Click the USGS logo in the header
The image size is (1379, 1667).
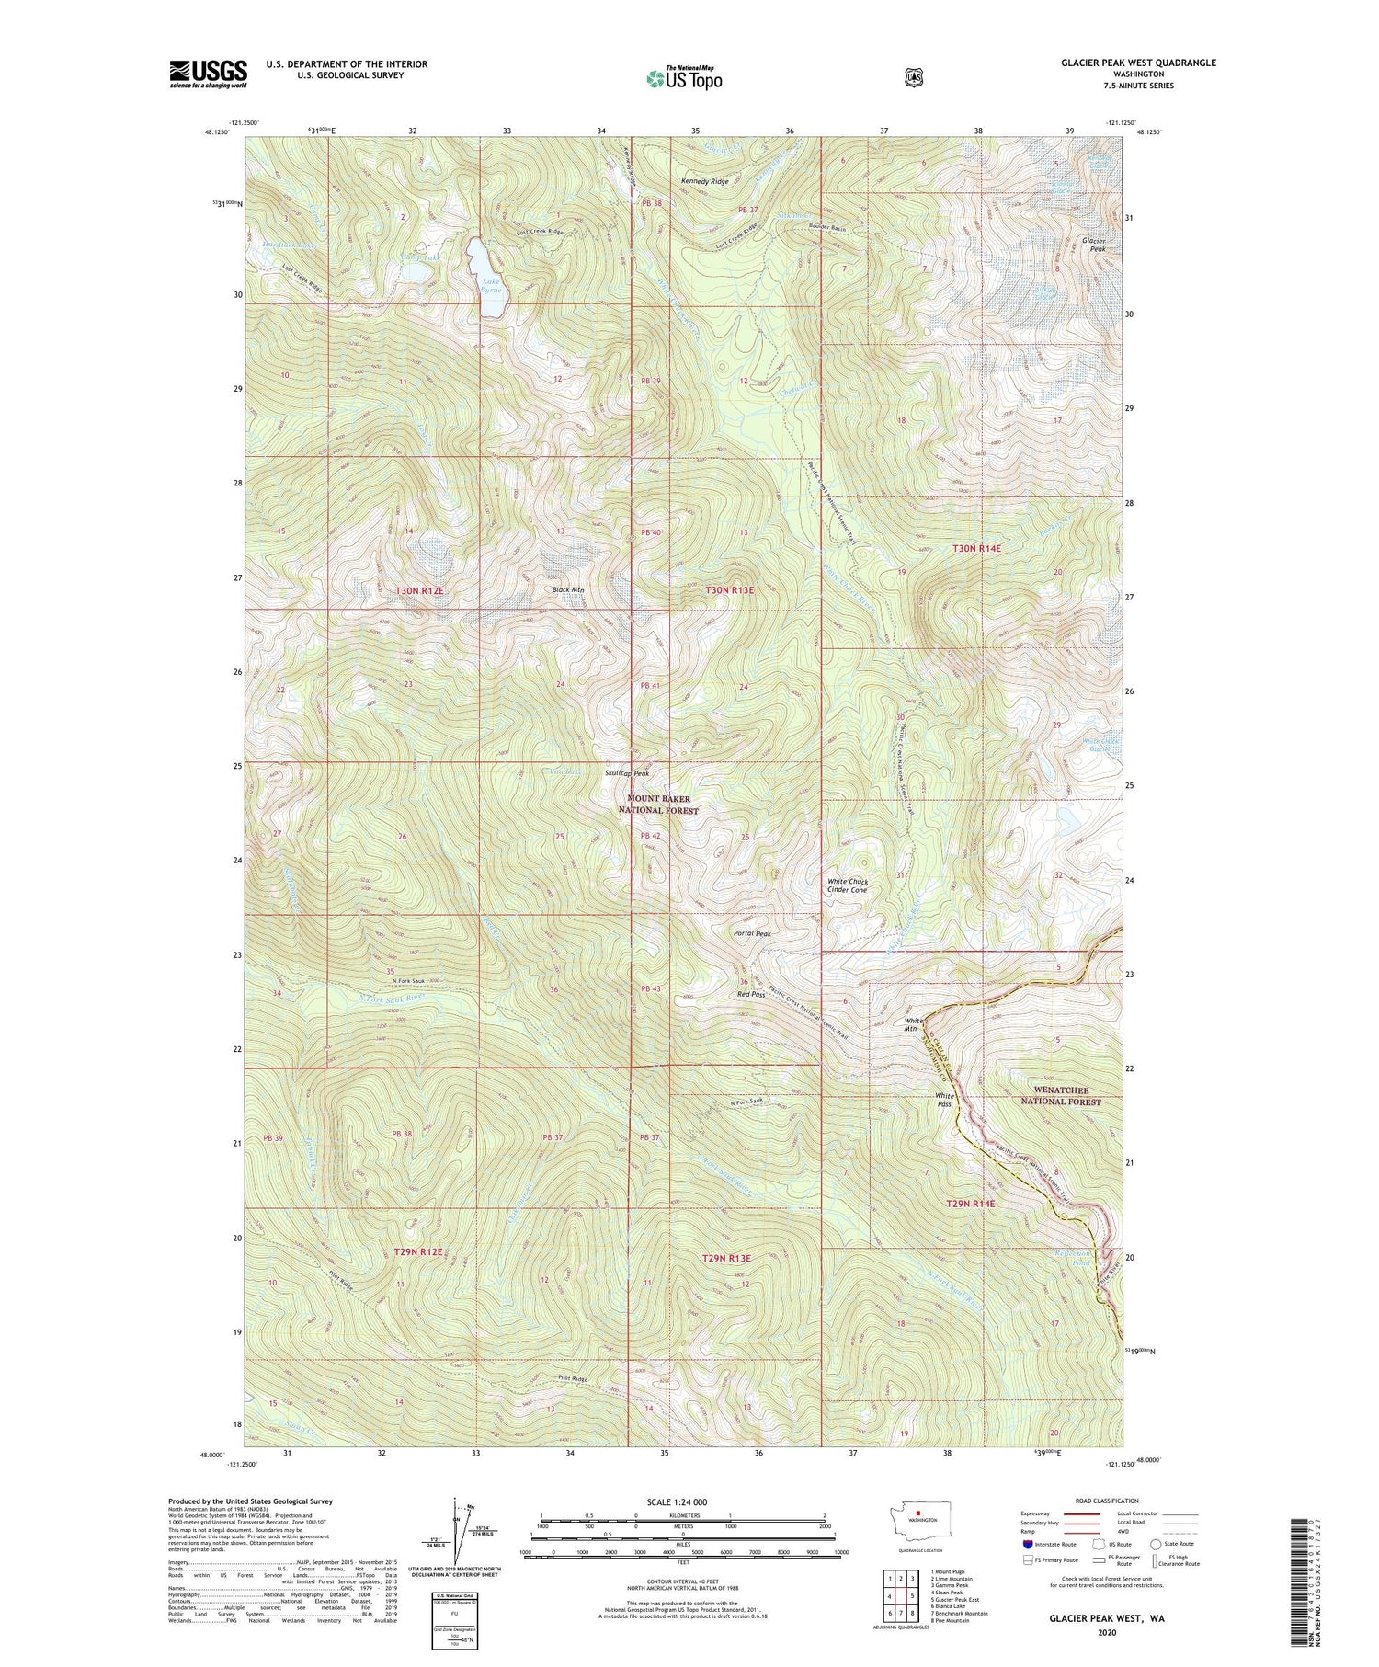tap(208, 74)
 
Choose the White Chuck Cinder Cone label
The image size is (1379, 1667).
tap(847, 885)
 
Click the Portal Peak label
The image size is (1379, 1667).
tap(752, 933)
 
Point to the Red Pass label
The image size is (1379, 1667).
tap(751, 994)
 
